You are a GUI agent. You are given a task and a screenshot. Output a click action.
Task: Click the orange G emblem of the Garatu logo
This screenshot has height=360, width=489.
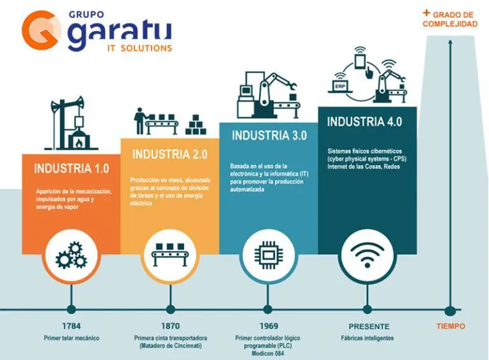[x=41, y=30]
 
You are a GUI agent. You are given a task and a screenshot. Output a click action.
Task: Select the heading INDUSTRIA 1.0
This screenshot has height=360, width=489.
[x=72, y=168]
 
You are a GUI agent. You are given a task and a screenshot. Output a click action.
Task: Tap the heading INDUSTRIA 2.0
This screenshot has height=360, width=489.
[x=170, y=154]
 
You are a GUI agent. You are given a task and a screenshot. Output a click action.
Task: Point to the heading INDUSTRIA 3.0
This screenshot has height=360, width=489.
[x=269, y=135]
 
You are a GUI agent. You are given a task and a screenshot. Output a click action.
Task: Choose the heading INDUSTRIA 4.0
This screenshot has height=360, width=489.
[x=365, y=121]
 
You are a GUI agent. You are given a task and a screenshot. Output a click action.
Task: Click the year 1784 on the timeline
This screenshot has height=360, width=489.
[x=71, y=326]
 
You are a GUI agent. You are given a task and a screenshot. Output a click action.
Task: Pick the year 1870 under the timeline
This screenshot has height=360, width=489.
[x=170, y=326]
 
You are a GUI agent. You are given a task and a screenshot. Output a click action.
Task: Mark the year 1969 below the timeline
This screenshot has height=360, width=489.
[x=269, y=326]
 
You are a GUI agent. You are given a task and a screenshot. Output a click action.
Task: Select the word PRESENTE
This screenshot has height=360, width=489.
[x=369, y=327]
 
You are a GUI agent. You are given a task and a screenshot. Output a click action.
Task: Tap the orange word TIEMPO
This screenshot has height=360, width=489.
[x=451, y=326]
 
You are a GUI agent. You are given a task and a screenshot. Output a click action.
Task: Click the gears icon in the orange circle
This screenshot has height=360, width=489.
[x=71, y=255]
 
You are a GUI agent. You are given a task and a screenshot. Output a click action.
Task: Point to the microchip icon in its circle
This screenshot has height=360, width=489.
[x=269, y=255]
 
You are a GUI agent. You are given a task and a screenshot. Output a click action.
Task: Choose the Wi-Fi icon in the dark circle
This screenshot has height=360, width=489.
[x=367, y=255]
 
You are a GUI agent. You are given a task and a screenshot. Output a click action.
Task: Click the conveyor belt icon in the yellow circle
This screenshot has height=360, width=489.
[x=170, y=254]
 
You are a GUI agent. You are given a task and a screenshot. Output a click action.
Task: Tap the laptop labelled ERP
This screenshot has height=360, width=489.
[x=340, y=87]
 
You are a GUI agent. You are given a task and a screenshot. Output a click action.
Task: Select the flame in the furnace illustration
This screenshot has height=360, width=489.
[x=79, y=143]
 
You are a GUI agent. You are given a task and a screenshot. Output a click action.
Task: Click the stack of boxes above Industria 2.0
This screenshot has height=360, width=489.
[x=195, y=125]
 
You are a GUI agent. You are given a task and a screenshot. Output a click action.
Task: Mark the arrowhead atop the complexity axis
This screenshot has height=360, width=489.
[x=450, y=42]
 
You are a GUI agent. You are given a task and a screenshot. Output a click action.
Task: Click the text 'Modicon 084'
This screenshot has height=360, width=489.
[x=267, y=354]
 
